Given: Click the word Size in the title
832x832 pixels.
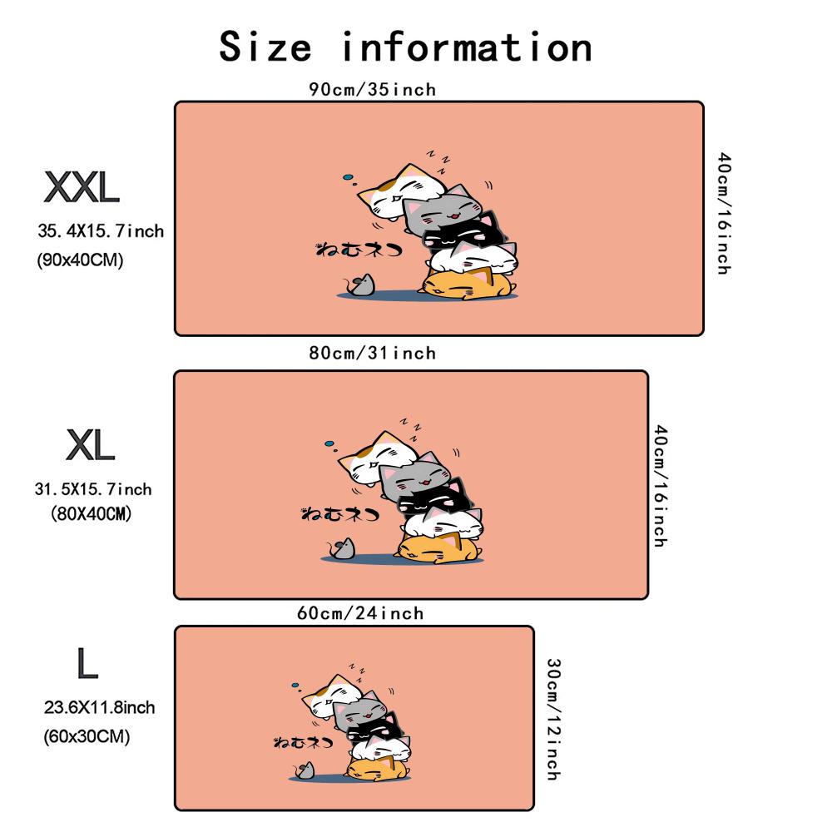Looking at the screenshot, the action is pos(265,47).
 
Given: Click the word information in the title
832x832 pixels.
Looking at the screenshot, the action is pos(467,47).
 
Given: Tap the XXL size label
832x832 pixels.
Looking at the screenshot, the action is pos(82,187).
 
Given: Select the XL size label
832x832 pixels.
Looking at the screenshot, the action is pos(90,444).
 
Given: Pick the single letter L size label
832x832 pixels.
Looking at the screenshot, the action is pos(87,663).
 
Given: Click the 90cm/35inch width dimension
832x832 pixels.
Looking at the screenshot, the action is pos(373,89).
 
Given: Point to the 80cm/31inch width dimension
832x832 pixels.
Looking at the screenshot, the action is pos(373,353).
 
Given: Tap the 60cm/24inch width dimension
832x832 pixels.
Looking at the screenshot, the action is pos(360,613).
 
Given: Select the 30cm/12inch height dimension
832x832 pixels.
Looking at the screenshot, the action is pos(554,720).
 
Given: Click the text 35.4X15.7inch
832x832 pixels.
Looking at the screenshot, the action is pos(101,231).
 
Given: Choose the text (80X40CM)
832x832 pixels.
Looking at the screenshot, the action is pos(91,513).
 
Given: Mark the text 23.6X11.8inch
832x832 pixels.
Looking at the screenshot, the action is pos(99,707).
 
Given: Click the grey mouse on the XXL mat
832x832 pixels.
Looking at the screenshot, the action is pos(359,285).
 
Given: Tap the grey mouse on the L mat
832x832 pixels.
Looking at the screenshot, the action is pos(305,770).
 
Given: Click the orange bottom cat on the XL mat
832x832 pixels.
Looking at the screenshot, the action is pos(438,548).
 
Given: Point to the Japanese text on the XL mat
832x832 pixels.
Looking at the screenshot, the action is pos(339,513).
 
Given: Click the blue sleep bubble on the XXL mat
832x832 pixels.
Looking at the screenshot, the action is pos(348,177).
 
